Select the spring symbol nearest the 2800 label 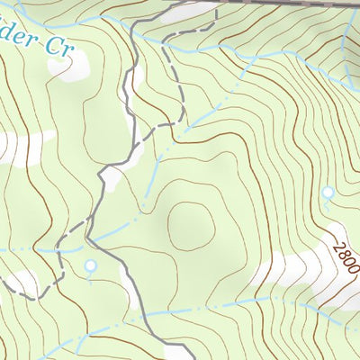[328, 193]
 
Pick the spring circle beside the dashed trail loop [90, 265]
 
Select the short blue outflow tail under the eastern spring [328, 203]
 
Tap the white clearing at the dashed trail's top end [193, 11]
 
